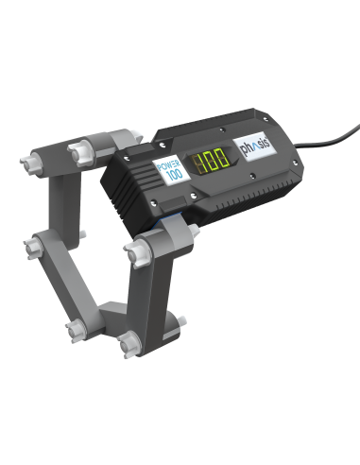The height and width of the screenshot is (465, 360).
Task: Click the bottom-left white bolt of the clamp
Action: click(75, 330)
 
